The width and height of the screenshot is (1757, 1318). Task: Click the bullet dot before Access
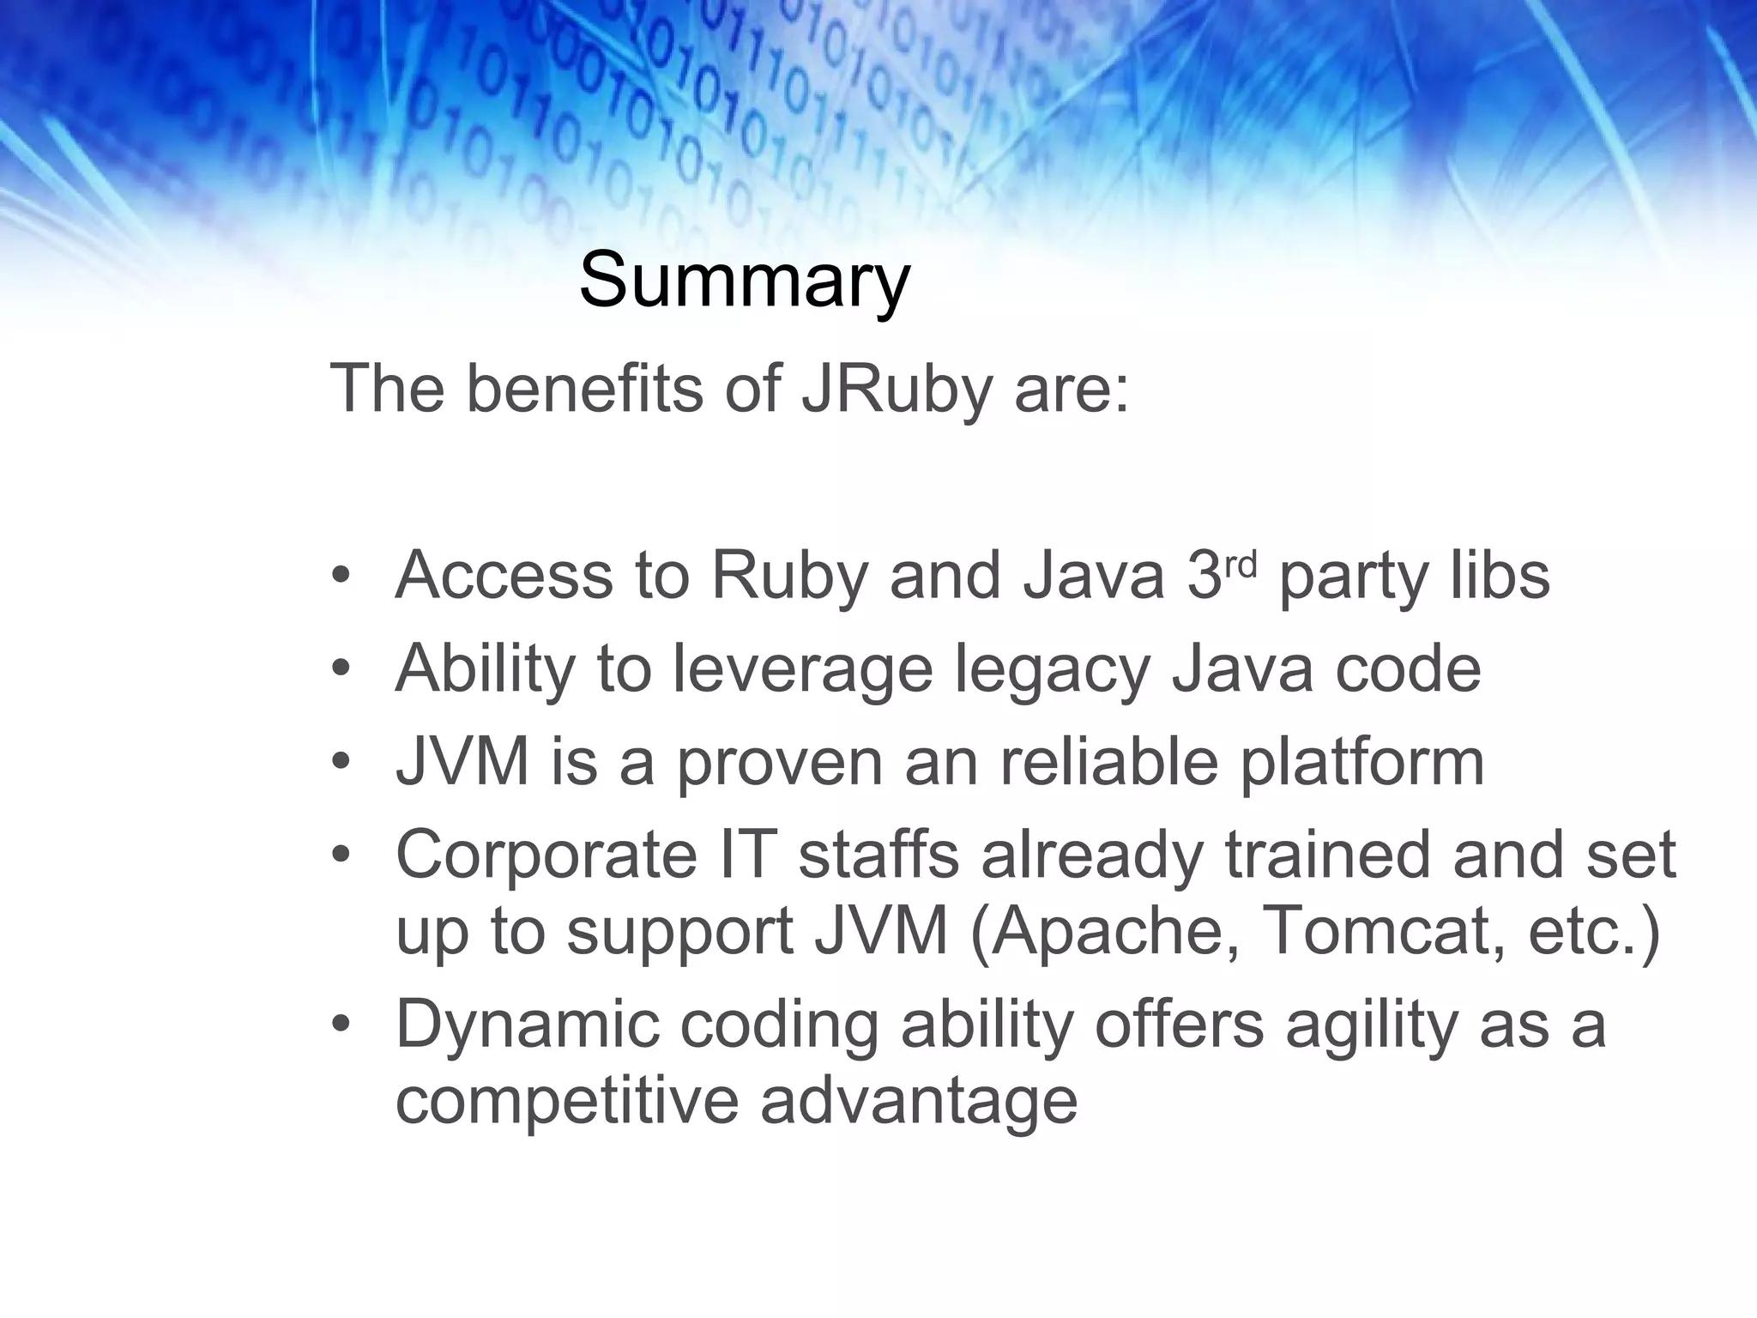pos(341,575)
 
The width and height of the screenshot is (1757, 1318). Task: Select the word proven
pos(780,763)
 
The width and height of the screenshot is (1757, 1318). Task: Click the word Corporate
pos(546,855)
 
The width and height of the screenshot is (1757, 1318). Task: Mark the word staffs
pos(878,855)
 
